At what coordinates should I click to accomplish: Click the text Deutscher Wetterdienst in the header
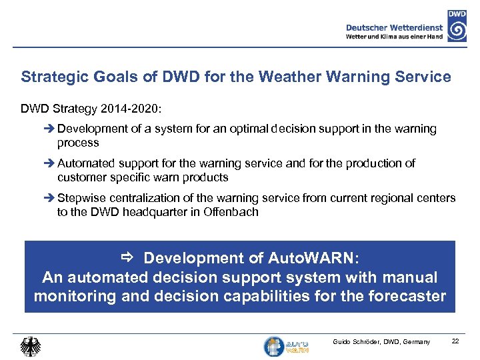coord(393,27)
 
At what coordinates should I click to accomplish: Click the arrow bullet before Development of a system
coord(51,129)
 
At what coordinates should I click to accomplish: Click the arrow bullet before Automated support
coord(51,163)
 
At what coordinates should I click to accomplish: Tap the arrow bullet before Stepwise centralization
coord(51,198)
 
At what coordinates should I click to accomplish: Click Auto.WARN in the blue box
coord(316,258)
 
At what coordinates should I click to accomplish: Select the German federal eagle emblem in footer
coord(30,346)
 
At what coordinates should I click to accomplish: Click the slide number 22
coord(455,341)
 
